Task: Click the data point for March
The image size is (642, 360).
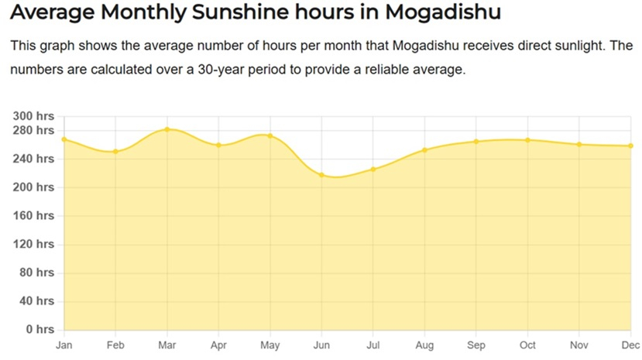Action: tap(167, 129)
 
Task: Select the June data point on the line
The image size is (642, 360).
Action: tap(321, 175)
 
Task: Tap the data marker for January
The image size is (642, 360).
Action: tap(64, 139)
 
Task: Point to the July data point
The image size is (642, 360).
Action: tap(373, 169)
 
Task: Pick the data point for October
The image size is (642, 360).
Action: tap(528, 140)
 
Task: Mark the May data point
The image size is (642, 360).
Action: tap(270, 135)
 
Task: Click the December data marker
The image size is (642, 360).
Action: tap(631, 146)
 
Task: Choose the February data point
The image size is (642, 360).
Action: tap(115, 151)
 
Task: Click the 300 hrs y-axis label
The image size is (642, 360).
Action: tap(34, 116)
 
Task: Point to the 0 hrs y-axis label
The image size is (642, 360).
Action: tap(37, 330)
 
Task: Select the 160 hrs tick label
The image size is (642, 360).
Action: tap(34, 215)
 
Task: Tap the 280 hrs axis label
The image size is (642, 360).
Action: tap(34, 130)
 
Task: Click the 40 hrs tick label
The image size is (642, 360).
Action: tap(36, 301)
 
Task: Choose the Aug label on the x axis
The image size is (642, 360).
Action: tap(424, 345)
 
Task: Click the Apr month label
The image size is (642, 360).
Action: tap(218, 345)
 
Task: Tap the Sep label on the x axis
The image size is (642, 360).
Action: tap(476, 345)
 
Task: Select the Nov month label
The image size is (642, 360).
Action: tap(579, 345)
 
